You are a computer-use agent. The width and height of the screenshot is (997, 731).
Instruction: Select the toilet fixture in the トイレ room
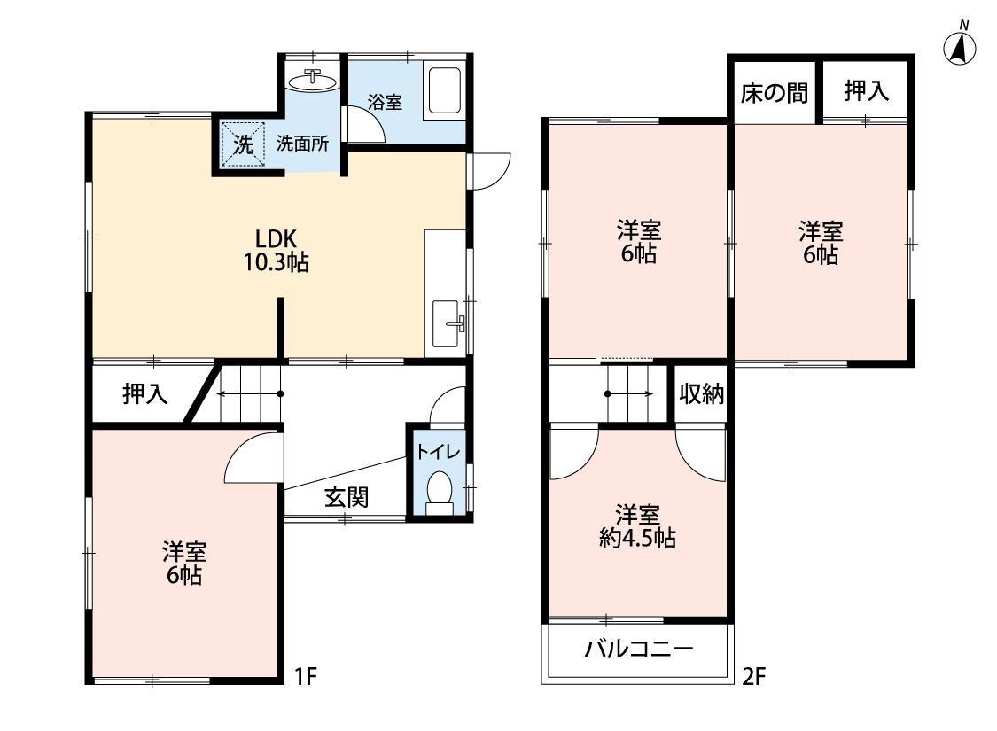pos(439,493)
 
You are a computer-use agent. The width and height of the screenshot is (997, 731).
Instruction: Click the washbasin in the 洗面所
pos(315,82)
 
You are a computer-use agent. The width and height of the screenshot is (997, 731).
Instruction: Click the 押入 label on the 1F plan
pos(144,393)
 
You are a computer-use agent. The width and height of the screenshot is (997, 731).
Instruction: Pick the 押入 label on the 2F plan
pos(866,91)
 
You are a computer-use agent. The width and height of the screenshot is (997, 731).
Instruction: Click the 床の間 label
pos(774,92)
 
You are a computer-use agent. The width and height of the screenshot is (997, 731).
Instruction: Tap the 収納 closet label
pos(702,394)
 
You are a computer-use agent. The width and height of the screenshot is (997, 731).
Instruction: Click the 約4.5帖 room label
pos(637,526)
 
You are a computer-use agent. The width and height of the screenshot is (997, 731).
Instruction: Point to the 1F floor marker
pos(305,678)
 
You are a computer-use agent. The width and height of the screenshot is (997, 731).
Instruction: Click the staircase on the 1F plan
pos(248,394)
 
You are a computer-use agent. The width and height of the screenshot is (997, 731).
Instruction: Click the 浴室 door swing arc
pos(365,125)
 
